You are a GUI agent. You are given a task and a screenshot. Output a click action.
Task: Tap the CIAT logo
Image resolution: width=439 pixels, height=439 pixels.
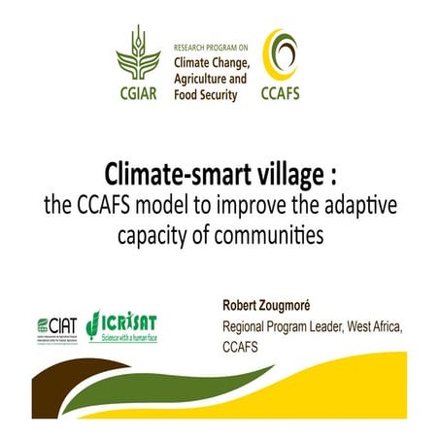coord(53,321)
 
